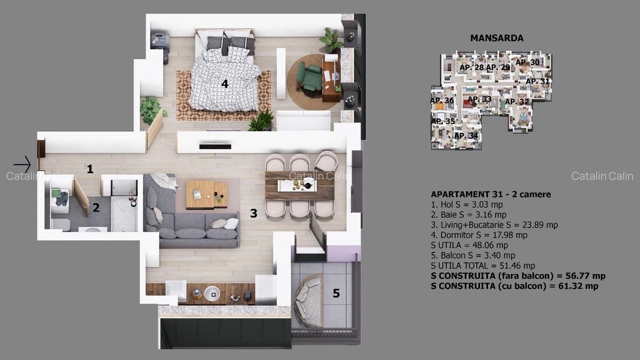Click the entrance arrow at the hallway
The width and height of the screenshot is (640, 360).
pos(22,164)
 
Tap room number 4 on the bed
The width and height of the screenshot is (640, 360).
pos(225,84)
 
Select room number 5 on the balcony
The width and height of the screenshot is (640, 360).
pos(336,293)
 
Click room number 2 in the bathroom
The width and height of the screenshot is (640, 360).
pos(96,207)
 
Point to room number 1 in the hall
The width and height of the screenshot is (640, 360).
pos(90,170)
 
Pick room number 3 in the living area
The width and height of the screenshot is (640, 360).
pos(254,213)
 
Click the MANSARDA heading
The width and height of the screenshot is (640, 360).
pos(497,38)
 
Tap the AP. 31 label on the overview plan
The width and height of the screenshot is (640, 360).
pos(537,81)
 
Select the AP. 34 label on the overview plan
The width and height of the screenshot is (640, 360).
pos(466,136)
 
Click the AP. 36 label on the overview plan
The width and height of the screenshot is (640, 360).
pos(442,100)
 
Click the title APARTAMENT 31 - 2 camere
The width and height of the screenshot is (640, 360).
pos(491,195)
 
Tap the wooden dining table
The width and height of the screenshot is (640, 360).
pos(300,185)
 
